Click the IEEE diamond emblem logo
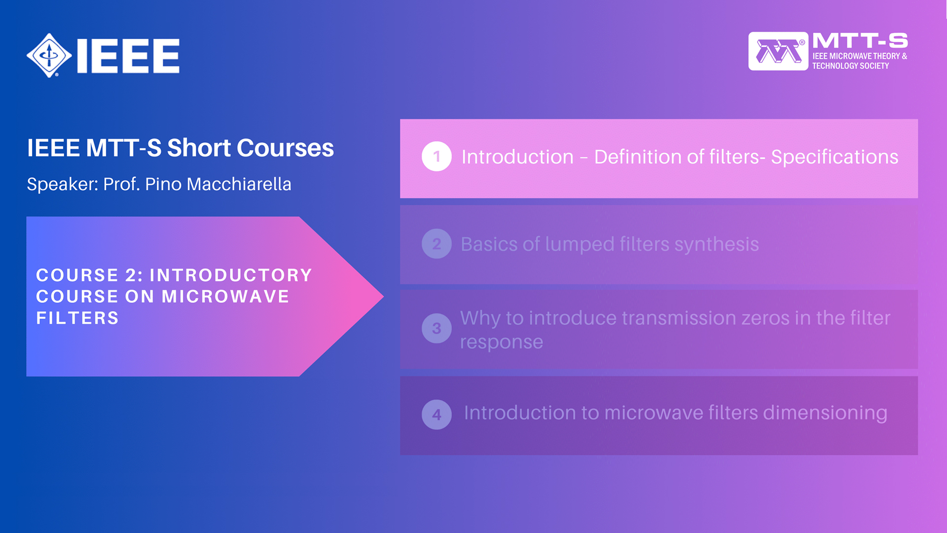click(49, 55)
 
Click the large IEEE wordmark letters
click(128, 56)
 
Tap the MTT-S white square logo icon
click(778, 51)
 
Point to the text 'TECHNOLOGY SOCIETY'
click(850, 66)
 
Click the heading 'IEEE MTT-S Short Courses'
click(181, 148)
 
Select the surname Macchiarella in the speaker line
click(239, 184)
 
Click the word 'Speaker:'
click(63, 185)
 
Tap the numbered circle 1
click(437, 156)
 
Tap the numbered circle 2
click(437, 244)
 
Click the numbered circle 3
click(437, 328)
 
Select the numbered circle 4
click(437, 415)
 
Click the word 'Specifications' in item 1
click(835, 157)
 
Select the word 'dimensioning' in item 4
click(825, 413)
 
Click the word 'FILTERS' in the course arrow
click(77, 318)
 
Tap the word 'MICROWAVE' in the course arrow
click(225, 296)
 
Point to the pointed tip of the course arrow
click(383, 296)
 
